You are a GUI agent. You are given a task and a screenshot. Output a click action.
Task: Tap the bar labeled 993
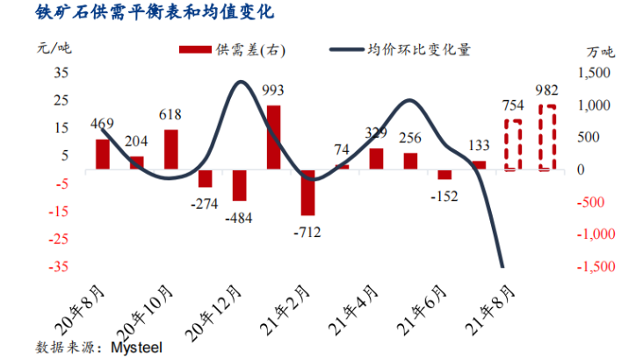point(273,137)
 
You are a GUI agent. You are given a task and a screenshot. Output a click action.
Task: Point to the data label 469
point(103,124)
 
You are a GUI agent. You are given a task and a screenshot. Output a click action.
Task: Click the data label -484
point(239,217)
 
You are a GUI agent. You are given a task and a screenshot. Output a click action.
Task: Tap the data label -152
point(445,196)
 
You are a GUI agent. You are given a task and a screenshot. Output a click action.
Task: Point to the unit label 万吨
point(601,50)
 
